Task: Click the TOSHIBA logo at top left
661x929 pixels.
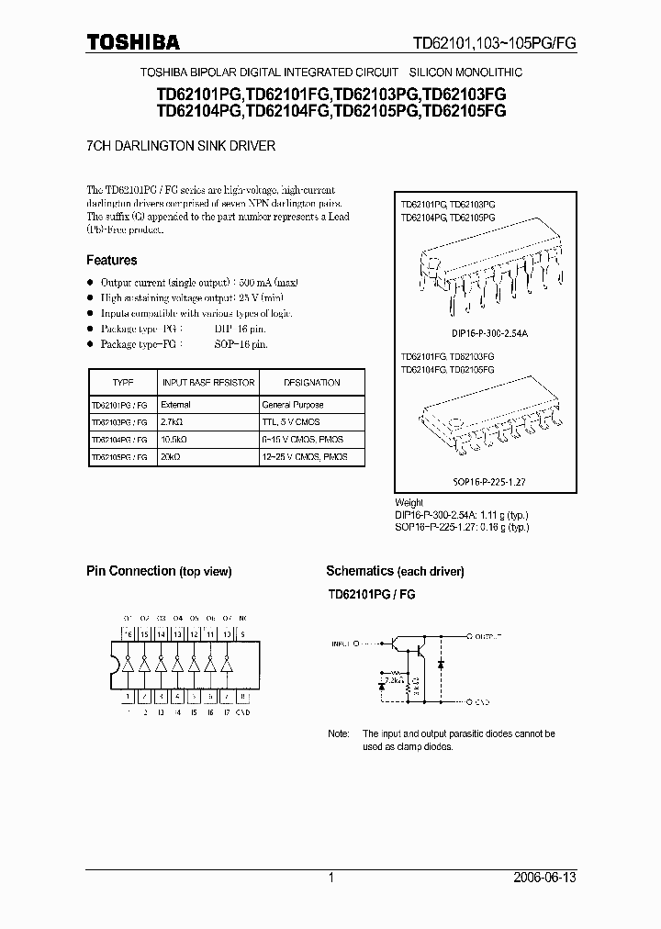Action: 133,41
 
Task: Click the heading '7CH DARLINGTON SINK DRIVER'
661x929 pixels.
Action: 181,146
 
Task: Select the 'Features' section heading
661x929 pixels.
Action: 112,260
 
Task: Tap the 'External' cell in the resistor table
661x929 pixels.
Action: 175,404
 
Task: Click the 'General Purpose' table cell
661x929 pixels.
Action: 293,404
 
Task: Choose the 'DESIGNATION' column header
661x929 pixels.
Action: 311,382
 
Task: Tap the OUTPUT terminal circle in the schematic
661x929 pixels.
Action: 469,635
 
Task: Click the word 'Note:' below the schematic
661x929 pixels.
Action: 339,734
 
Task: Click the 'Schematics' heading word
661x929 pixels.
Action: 360,571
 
